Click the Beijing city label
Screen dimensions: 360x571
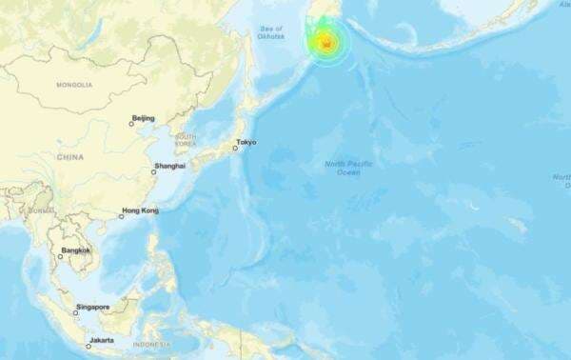point(143,118)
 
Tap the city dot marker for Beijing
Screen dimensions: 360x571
point(132,123)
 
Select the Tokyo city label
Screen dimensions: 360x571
point(246,143)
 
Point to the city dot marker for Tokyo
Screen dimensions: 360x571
point(235,149)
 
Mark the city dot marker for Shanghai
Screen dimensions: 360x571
point(154,172)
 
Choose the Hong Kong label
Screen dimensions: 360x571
point(142,210)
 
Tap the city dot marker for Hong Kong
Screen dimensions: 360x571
point(122,216)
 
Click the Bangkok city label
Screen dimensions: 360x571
point(76,250)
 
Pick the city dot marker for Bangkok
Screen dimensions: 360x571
point(60,256)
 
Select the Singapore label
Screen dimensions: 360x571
point(94,307)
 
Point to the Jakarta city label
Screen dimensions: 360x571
point(102,340)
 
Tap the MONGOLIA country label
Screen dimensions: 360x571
point(74,85)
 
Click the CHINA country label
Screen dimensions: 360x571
point(69,157)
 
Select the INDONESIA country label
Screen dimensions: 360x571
point(151,344)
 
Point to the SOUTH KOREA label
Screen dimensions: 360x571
point(185,140)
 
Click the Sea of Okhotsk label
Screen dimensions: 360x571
point(271,33)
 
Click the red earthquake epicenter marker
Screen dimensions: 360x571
point(325,43)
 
